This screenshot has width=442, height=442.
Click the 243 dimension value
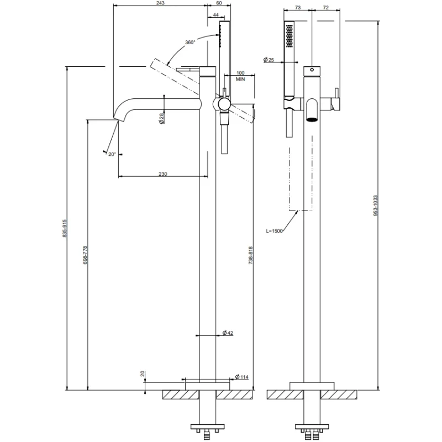pos(160,3)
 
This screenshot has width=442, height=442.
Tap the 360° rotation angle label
pos(190,43)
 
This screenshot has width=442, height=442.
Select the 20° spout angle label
pos(112,154)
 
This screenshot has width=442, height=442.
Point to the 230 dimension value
pos(162,174)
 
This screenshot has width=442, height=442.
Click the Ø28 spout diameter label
pos(161,118)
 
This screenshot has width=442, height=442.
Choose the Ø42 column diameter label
pos(228,333)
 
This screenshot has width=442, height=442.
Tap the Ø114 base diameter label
pos(242,377)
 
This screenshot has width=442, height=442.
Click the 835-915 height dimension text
pos(65,228)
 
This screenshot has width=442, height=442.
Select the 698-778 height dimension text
pos(85,255)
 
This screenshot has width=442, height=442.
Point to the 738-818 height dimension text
pos(251,255)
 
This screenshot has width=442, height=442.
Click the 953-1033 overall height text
pos(375,206)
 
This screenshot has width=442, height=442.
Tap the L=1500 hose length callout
pos(274,231)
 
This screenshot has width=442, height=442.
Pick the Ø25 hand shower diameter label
pos(269,60)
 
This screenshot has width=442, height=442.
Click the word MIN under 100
pos(240,79)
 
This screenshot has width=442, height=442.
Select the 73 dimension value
pos(298,8)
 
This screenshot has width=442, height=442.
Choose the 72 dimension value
pos(325,8)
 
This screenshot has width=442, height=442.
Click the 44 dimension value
pos(216,15)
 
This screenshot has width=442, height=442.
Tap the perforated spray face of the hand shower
pos(289,36)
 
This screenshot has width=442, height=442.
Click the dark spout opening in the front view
pos(312,119)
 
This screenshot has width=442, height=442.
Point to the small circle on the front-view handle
pos(312,70)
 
